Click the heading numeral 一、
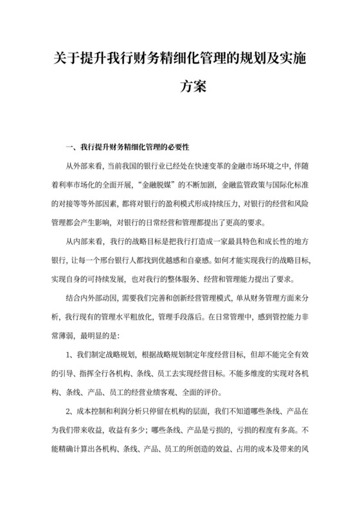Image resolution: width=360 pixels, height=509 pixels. click(70, 139)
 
